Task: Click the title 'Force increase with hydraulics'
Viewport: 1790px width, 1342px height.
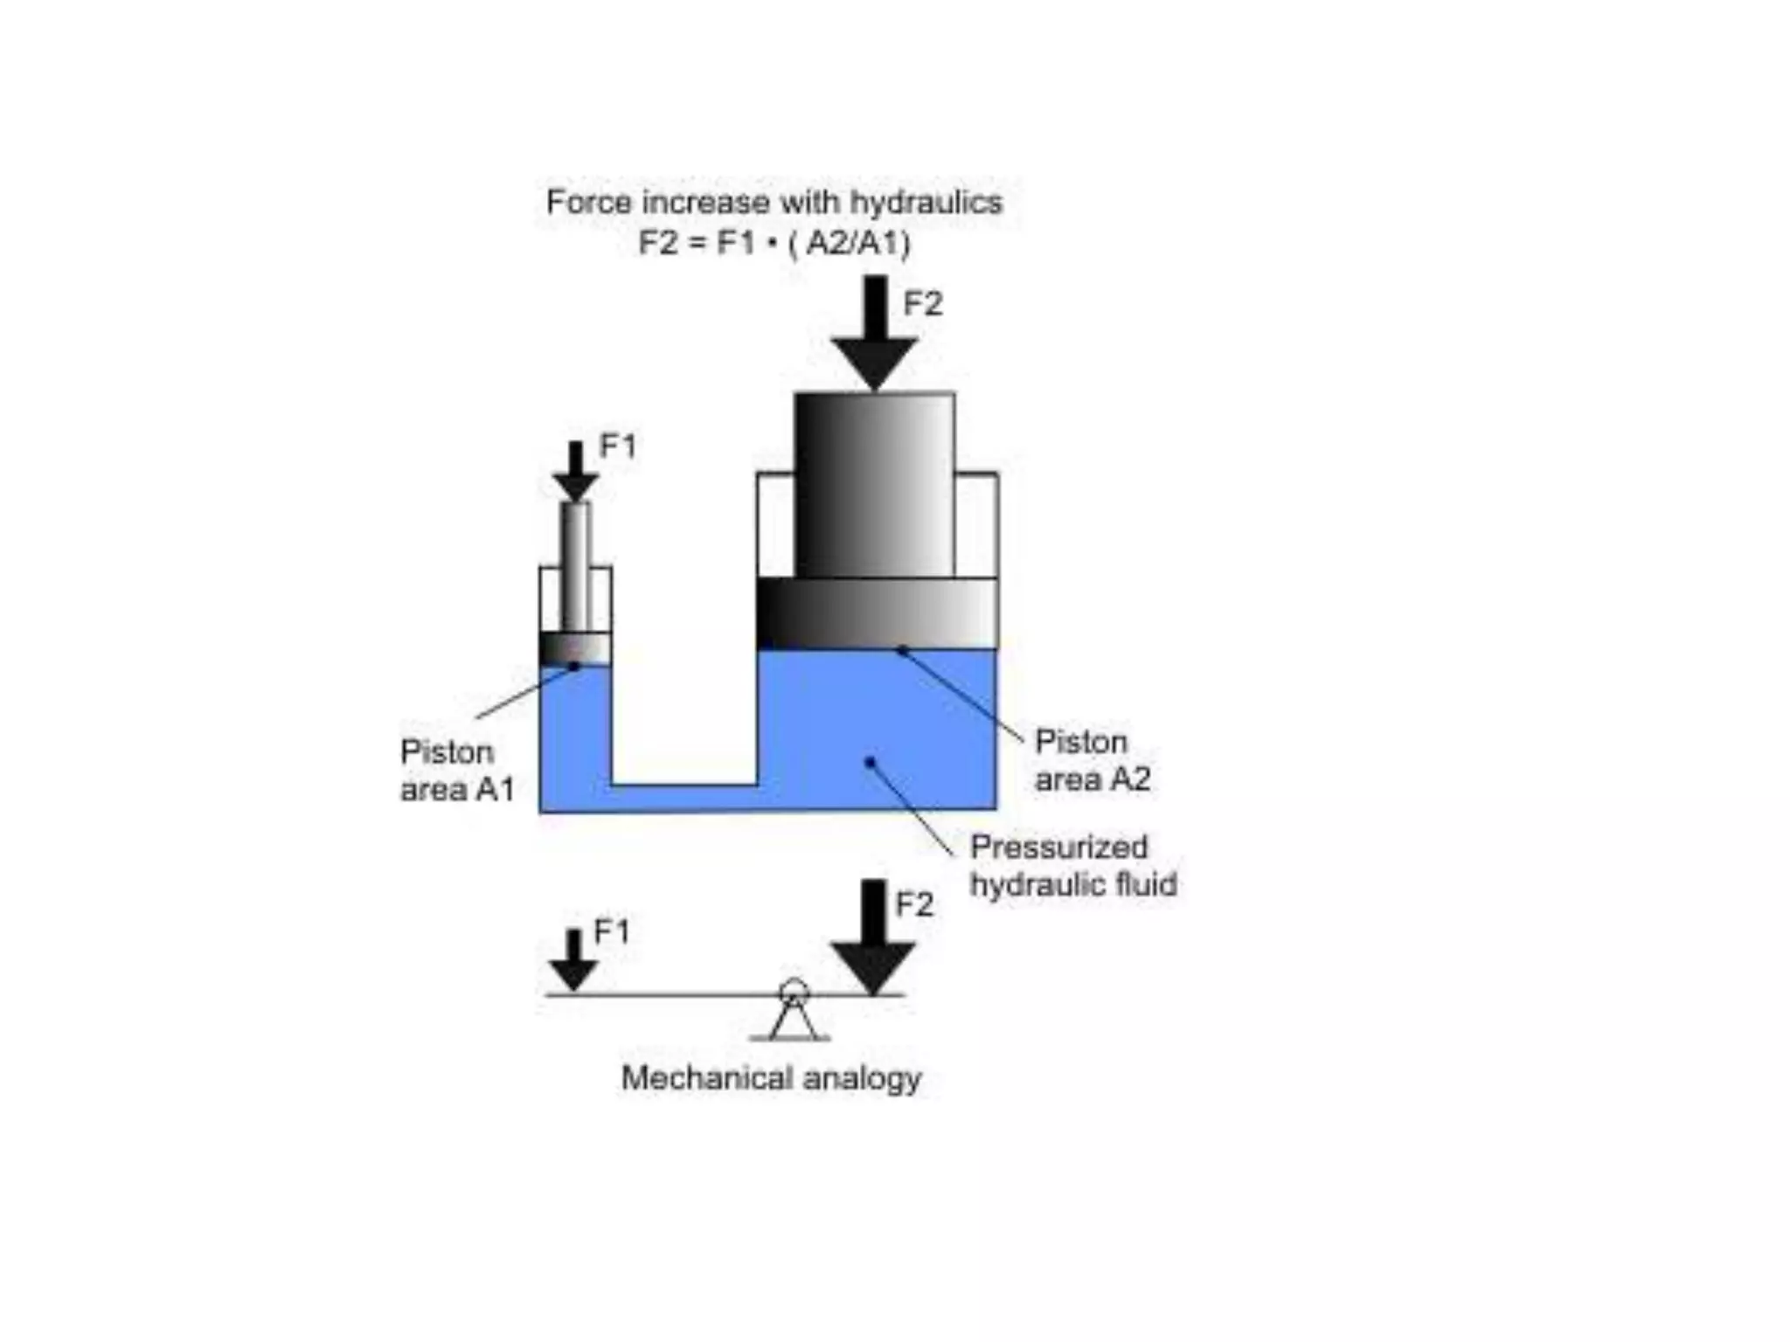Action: (774, 203)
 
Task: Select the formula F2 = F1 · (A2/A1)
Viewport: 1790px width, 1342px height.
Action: (774, 242)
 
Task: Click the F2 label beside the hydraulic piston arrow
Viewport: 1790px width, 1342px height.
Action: (923, 304)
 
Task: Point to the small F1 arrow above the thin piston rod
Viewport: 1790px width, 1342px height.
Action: (575, 472)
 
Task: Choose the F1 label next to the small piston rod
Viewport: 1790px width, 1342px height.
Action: (618, 446)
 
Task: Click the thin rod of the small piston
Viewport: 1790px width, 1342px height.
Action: (575, 564)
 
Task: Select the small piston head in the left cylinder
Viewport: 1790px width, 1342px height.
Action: (575, 648)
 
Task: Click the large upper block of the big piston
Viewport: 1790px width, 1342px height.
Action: (874, 485)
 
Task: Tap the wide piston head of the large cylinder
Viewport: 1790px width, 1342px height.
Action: (877, 612)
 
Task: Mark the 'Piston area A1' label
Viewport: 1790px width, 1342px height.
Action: (456, 771)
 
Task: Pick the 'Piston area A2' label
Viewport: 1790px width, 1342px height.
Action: (1092, 760)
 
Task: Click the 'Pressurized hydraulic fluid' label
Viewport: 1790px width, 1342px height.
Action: (1072, 866)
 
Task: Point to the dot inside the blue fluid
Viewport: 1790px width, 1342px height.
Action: (870, 763)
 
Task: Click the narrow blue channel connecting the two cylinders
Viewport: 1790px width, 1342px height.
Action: (683, 799)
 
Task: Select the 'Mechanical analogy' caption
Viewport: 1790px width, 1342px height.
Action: (771, 1078)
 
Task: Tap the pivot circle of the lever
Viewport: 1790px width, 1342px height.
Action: (794, 991)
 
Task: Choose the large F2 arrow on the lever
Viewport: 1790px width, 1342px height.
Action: (872, 939)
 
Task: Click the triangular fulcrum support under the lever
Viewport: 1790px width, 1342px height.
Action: (793, 1020)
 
